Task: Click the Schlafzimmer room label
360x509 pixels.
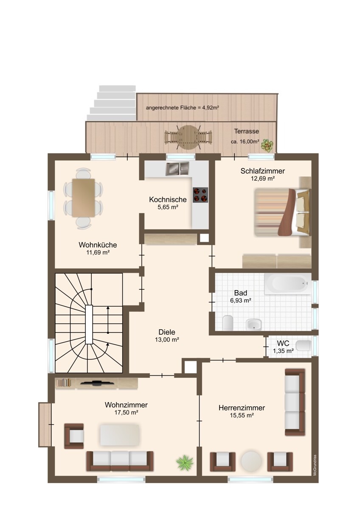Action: click(x=262, y=171)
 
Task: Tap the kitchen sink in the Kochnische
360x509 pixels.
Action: click(x=177, y=169)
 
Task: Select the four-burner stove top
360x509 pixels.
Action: click(x=200, y=195)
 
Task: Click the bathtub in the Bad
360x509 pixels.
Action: click(x=288, y=284)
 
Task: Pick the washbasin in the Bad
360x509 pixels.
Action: click(x=253, y=324)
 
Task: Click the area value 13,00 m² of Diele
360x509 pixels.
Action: click(x=167, y=340)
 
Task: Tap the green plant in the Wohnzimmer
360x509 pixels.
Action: click(x=185, y=463)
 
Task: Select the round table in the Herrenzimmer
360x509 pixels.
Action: click(x=251, y=461)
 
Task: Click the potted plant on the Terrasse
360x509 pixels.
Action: click(x=267, y=145)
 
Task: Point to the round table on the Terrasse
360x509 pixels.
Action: click(x=188, y=137)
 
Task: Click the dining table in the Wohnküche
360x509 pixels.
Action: click(x=84, y=198)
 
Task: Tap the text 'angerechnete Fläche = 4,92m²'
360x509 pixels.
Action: click(x=183, y=108)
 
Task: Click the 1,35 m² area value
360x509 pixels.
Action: click(x=283, y=351)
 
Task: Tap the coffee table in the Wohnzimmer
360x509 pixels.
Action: click(x=120, y=435)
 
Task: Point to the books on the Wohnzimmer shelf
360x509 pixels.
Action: click(x=64, y=383)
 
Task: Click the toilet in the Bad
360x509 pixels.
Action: click(x=228, y=323)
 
